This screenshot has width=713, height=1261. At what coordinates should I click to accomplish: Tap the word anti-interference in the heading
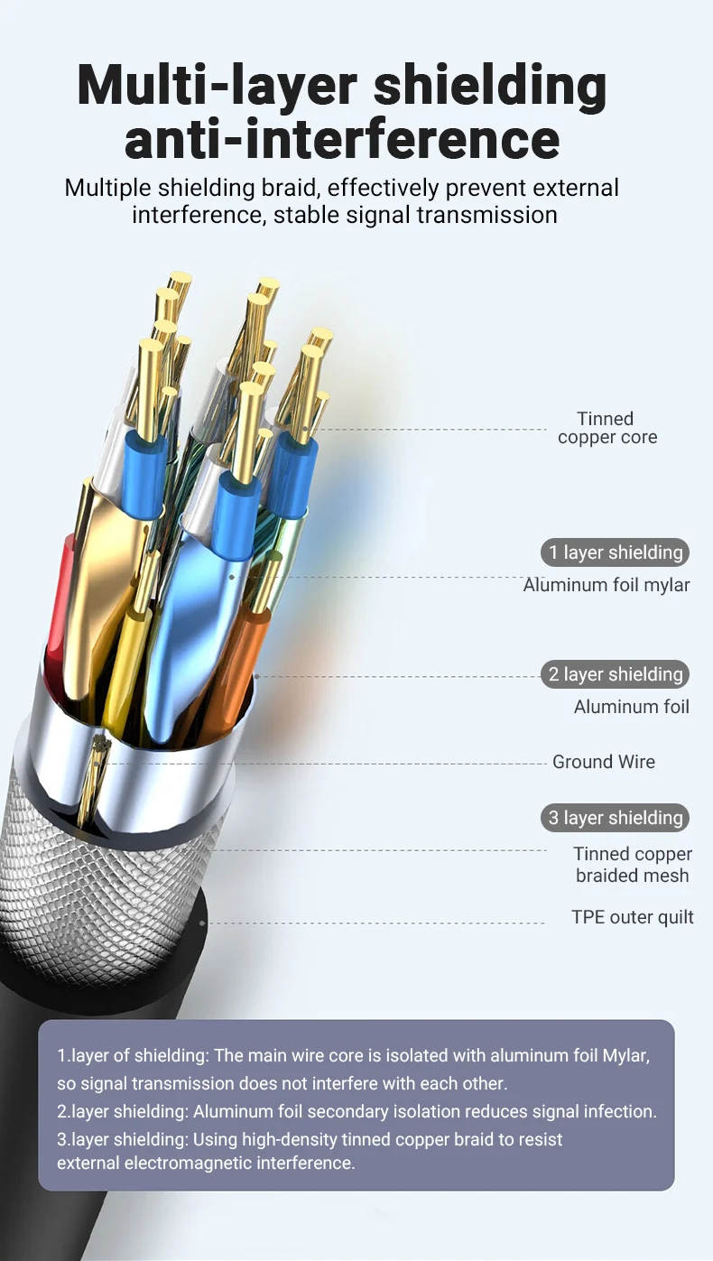pyautogui.click(x=342, y=141)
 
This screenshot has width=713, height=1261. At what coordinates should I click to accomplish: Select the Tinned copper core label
pyautogui.click(x=607, y=428)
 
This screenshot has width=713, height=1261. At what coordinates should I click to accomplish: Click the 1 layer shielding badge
pyautogui.click(x=614, y=552)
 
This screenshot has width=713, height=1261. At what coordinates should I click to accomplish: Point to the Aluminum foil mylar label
pyautogui.click(x=606, y=585)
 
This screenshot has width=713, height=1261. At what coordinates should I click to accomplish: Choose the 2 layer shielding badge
pyautogui.click(x=614, y=674)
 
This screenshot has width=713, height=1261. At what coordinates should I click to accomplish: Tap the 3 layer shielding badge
pyautogui.click(x=614, y=818)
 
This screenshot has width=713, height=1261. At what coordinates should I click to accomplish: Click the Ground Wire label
pyautogui.click(x=603, y=762)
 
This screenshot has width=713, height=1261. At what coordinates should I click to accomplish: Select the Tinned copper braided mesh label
pyautogui.click(x=632, y=865)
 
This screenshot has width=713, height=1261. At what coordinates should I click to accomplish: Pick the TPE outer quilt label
pyautogui.click(x=632, y=917)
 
